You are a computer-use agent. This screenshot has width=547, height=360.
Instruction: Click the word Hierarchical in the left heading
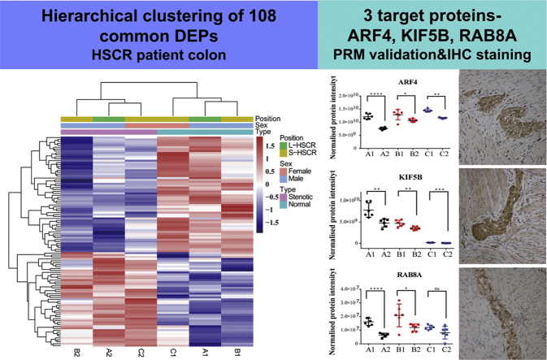(79, 19)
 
